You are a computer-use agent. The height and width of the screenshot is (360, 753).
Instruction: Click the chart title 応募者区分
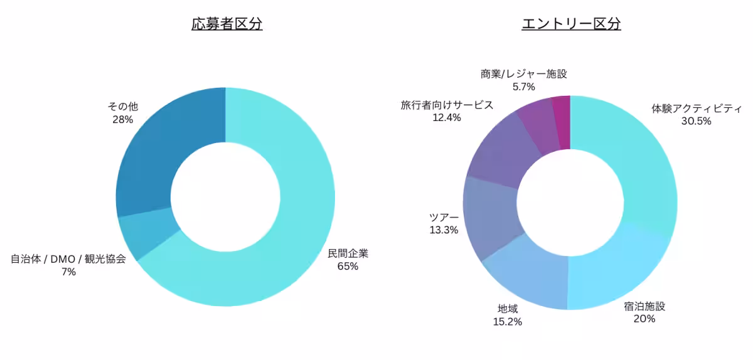click(x=227, y=24)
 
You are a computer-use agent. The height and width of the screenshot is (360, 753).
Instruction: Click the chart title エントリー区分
click(x=571, y=24)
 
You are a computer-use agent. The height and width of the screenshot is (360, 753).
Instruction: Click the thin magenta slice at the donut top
click(x=561, y=122)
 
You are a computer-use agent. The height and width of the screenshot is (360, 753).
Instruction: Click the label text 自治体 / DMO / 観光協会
click(x=68, y=259)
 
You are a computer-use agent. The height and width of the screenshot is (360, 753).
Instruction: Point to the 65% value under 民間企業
click(x=348, y=267)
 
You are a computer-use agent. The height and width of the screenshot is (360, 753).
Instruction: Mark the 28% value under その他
click(x=122, y=119)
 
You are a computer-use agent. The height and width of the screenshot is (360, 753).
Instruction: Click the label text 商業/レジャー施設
click(x=523, y=74)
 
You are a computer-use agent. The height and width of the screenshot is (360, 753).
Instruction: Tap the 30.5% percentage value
click(x=696, y=121)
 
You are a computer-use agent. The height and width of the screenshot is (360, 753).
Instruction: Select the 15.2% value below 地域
click(x=508, y=322)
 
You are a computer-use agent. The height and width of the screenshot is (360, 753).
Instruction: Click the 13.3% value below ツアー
click(x=444, y=230)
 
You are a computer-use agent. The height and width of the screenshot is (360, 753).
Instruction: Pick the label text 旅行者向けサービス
click(x=447, y=105)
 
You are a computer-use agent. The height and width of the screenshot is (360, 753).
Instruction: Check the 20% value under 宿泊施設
click(x=644, y=319)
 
